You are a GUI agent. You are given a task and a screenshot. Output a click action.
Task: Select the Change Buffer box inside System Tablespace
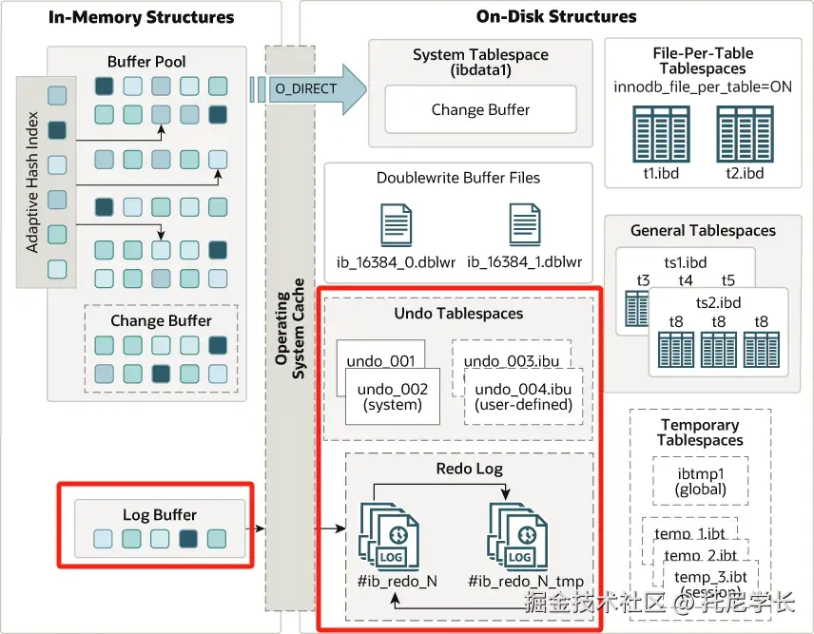pos(480,110)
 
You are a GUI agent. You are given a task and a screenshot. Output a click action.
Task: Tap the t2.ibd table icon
pos(745,134)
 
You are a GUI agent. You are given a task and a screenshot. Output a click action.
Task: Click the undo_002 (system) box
pos(392,396)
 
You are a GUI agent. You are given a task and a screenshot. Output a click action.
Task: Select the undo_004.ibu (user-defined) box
pos(522,396)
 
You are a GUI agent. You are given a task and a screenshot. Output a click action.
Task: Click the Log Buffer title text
pos(160,515)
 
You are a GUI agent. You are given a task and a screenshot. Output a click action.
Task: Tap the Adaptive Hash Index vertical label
pos(32,183)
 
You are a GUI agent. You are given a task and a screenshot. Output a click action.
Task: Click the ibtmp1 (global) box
pos(702,482)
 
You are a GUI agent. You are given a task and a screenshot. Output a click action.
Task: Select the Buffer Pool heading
pos(146,62)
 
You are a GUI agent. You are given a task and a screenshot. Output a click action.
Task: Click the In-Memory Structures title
pos(141,17)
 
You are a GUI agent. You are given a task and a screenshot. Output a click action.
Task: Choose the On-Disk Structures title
pos(556,17)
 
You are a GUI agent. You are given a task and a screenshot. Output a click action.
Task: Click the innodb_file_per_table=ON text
pos(703,87)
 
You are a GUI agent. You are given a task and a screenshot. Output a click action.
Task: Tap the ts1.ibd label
pos(686,261)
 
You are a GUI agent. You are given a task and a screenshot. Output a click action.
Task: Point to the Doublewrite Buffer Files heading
pos(458,178)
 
